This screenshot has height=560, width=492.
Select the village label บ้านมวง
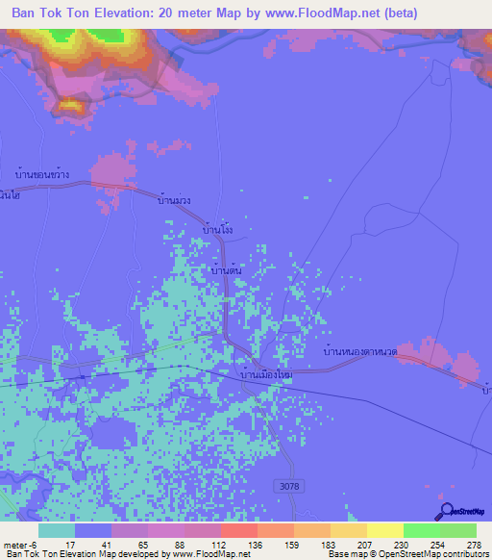(x=175, y=202)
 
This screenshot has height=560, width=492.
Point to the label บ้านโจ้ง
(x=218, y=231)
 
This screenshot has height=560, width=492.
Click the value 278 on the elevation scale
(x=473, y=545)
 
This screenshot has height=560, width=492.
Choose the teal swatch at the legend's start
(x=57, y=530)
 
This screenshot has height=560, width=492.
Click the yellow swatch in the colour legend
(x=384, y=530)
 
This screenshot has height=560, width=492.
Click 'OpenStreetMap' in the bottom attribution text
(x=401, y=555)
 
